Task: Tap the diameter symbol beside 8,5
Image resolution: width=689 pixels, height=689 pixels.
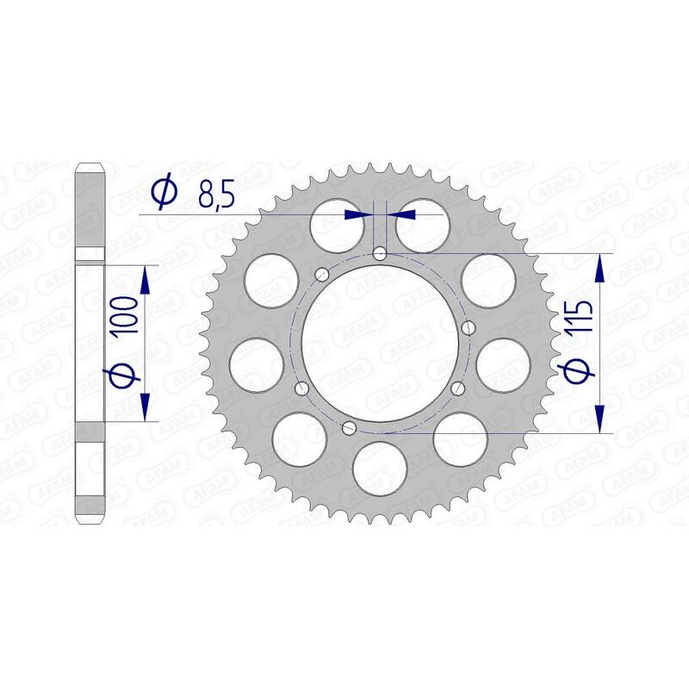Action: tap(164, 194)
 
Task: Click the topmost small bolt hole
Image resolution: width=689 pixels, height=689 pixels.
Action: tap(380, 253)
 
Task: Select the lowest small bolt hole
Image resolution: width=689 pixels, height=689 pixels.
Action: tap(348, 427)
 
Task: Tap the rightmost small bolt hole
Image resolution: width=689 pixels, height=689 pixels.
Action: tap(470, 327)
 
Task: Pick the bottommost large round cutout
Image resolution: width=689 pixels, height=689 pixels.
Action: tap(380, 466)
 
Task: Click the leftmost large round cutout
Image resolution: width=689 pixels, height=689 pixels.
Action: tap(258, 363)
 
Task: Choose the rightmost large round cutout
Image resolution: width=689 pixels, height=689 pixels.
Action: tap(502, 363)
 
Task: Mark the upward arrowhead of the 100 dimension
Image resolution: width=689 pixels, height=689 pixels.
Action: tap(146, 276)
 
